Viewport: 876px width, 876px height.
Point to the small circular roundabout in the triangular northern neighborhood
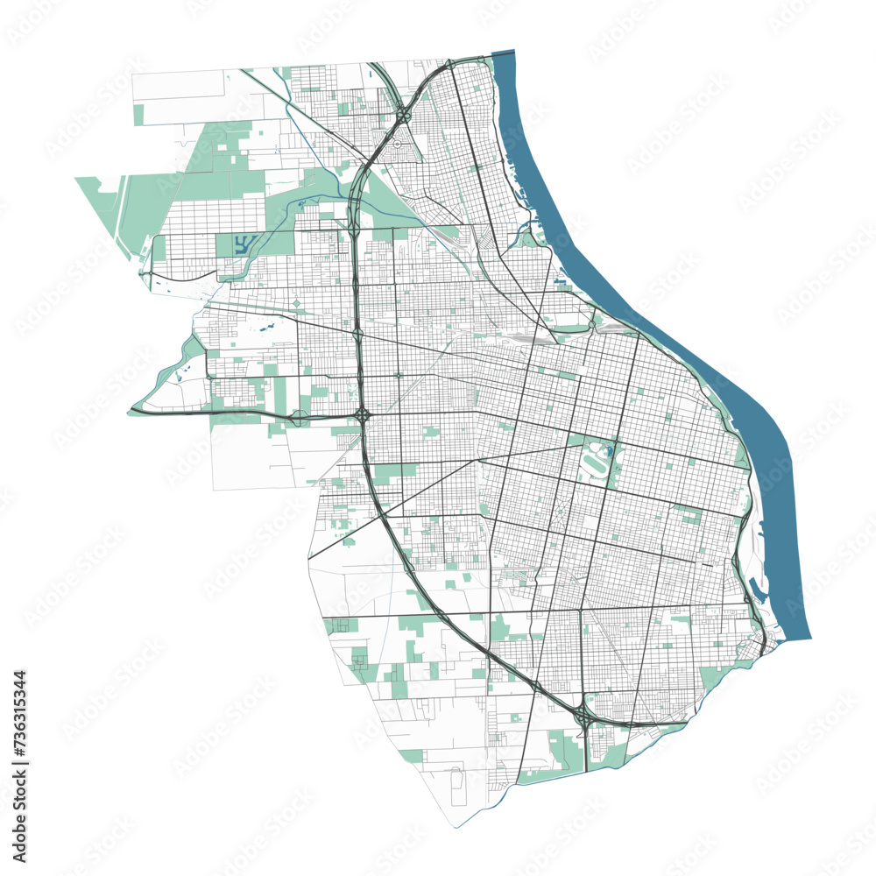[396, 143]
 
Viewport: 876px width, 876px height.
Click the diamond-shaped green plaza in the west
[296, 304]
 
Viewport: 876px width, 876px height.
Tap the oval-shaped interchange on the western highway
[299, 418]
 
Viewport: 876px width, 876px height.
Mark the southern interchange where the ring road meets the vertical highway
[583, 718]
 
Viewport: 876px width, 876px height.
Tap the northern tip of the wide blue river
[503, 55]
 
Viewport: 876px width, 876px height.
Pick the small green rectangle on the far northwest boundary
[138, 115]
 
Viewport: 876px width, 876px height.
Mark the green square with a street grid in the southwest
[342, 625]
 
